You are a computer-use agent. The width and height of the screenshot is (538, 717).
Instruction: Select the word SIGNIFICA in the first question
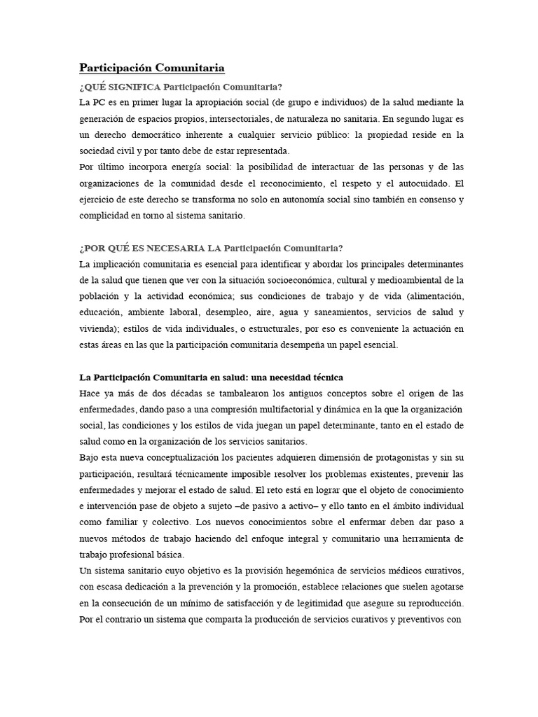132,87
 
